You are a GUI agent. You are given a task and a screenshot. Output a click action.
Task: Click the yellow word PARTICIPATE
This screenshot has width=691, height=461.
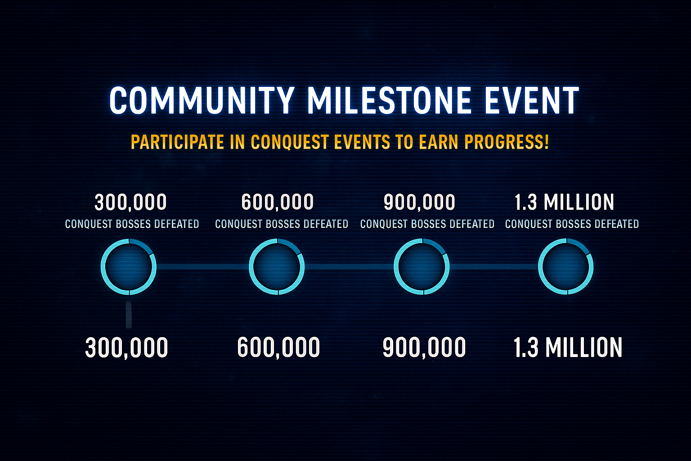(x=177, y=142)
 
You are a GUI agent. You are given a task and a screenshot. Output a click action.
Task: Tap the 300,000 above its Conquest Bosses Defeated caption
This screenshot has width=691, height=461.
(x=130, y=203)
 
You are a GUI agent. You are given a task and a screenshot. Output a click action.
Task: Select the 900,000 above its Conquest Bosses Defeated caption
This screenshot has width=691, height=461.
(x=419, y=203)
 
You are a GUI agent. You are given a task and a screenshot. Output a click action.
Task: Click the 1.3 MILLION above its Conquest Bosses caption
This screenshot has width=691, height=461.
(x=564, y=203)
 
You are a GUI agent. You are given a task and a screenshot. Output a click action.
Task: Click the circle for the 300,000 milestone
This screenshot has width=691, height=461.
(x=129, y=267)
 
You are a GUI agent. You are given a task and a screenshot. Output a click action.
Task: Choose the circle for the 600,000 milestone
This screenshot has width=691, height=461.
(x=277, y=267)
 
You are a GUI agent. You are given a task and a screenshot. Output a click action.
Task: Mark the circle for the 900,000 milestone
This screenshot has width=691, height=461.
(x=422, y=267)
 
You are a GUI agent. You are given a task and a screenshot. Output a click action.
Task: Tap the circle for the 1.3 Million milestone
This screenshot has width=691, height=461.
(x=566, y=267)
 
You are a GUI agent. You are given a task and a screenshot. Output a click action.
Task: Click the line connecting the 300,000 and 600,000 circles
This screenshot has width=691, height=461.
(x=202, y=267)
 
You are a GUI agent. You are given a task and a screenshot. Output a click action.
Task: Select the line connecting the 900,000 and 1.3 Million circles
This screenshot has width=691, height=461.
(x=494, y=267)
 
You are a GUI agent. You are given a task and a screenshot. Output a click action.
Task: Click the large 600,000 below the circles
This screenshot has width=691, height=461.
(x=278, y=348)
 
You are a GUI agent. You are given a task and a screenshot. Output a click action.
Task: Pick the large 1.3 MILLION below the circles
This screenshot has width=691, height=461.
(x=568, y=348)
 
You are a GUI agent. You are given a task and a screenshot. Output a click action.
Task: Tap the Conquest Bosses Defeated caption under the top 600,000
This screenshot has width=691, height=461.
(x=282, y=224)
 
